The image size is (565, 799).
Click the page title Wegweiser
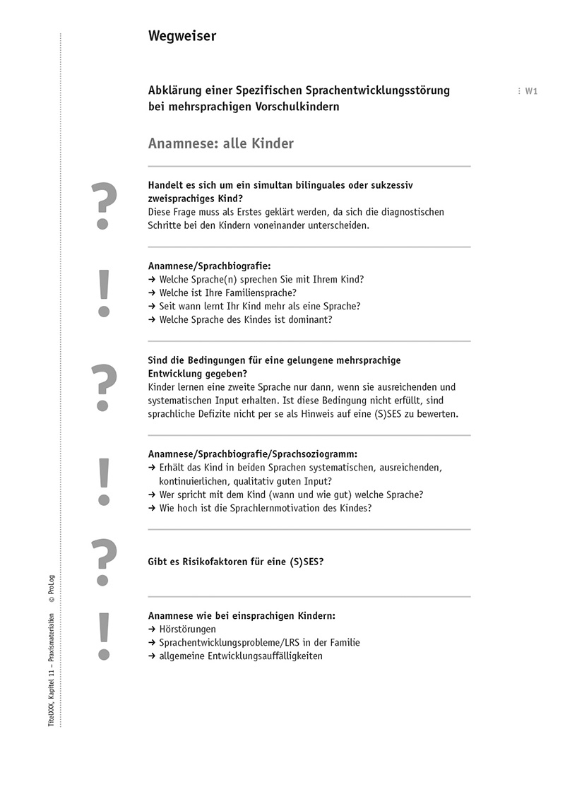[x=182, y=36]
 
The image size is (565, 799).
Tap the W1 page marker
[x=531, y=91]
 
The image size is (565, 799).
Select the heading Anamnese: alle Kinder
[x=220, y=143]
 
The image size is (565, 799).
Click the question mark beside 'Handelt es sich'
[x=103, y=206]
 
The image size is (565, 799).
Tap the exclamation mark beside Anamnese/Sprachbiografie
[x=104, y=292]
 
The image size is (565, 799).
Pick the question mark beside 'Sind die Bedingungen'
[x=103, y=386]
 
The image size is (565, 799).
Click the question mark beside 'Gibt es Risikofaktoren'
[x=103, y=560]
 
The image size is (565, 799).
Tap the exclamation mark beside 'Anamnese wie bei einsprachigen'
[x=104, y=635]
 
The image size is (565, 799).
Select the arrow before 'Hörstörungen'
[x=152, y=629]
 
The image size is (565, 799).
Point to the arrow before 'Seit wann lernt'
[x=152, y=306]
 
